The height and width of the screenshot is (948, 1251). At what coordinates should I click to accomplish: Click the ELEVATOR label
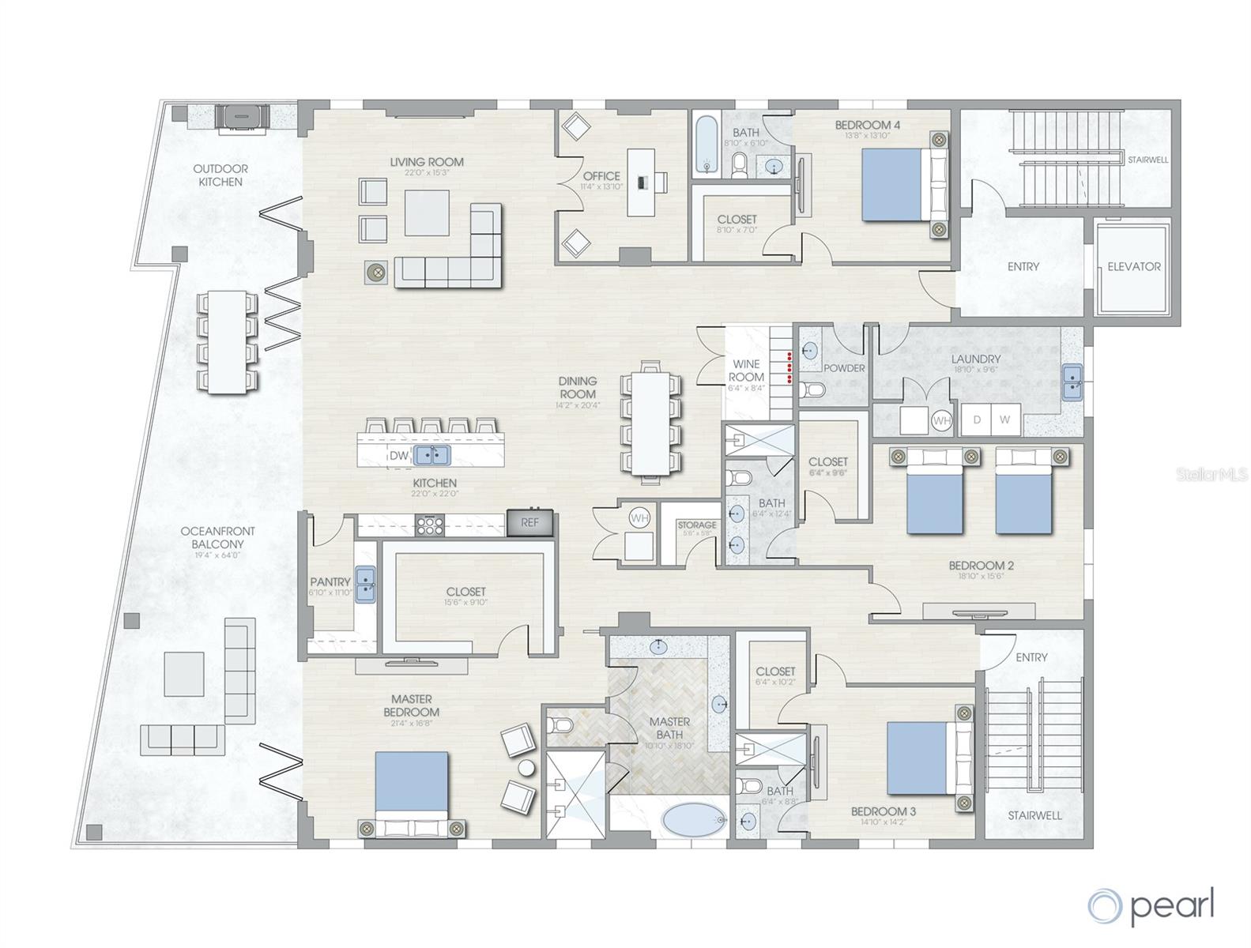pos(1133,267)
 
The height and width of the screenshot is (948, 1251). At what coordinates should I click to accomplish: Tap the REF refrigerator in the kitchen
pos(529,523)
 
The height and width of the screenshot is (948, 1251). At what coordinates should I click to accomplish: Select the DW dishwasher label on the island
pos(398,456)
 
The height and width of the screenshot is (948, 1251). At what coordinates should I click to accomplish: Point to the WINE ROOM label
pos(746,371)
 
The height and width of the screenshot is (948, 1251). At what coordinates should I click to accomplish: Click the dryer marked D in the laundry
pos(977,419)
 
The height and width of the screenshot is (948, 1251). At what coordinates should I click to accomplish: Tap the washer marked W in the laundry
pos(1004,419)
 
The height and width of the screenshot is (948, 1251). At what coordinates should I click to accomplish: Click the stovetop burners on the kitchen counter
pos(430,525)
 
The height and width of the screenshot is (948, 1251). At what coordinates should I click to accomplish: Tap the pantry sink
pos(365,585)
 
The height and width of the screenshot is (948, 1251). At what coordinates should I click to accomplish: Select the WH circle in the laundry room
pos(941,421)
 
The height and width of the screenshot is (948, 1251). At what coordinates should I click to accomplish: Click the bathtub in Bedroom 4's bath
pos(707,146)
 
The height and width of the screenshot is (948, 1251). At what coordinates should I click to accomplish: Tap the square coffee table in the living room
pos(427,213)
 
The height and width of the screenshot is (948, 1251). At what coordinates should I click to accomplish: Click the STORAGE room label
pos(696,525)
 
